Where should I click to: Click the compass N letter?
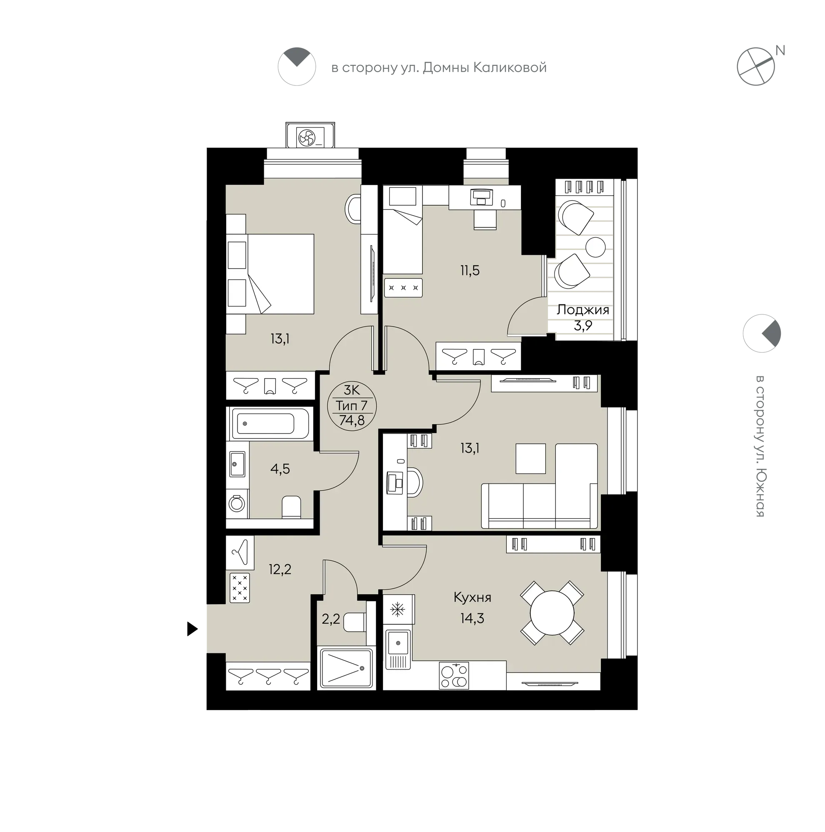click(x=780, y=51)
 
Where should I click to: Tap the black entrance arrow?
click(x=192, y=629)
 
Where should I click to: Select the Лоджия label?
click(x=582, y=310)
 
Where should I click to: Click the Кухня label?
click(x=472, y=597)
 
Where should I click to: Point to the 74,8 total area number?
click(x=352, y=420)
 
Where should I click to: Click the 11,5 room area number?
click(x=470, y=270)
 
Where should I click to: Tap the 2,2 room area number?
click(x=330, y=619)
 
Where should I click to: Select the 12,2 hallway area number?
click(x=280, y=570)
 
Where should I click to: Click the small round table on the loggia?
click(x=595, y=247)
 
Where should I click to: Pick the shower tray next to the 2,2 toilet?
click(x=345, y=668)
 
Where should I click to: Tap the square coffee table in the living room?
click(x=530, y=458)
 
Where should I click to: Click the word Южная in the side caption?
click(x=760, y=491)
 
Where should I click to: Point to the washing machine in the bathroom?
click(x=237, y=503)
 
